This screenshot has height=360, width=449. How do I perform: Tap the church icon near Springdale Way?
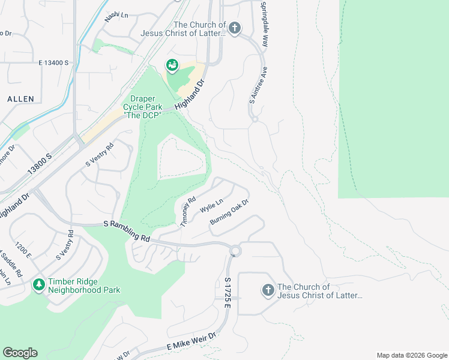(235, 28)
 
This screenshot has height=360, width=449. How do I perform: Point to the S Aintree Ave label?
(253, 84)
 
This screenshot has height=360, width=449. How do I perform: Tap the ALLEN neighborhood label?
(20, 98)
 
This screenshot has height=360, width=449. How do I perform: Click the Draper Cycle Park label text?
(139, 106)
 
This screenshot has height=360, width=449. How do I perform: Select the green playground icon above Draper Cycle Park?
(172, 65)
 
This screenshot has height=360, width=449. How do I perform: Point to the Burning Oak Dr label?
(229, 213)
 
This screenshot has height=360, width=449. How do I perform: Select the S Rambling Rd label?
(127, 230)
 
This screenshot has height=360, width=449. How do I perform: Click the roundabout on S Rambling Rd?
(235, 251)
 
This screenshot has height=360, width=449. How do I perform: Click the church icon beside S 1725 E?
(268, 290)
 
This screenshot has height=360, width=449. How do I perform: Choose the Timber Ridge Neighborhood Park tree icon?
(39, 284)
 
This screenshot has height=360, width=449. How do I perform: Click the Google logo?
(20, 353)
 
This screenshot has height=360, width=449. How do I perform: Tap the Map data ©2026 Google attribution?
(411, 355)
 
